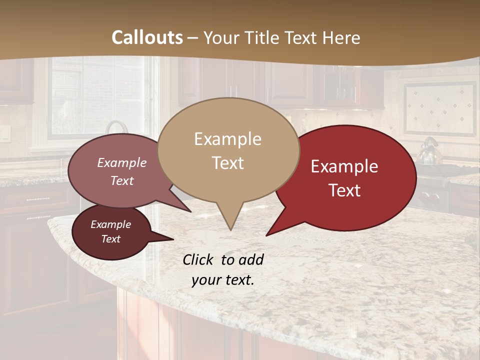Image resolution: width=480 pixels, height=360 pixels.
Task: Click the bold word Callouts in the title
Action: coord(147,37)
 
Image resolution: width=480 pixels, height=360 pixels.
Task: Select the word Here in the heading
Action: coord(341,37)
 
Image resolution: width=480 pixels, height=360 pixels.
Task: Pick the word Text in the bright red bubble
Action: coord(345,190)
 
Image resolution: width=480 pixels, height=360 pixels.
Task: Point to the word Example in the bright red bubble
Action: coord(344,166)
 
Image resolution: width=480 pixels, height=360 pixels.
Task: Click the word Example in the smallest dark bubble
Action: coord(110,224)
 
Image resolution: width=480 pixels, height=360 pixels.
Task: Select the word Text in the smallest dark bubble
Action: coord(110,239)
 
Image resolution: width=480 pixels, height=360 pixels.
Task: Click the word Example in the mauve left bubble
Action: coord(121,162)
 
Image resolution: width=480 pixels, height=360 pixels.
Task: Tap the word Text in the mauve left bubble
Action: coord(121,180)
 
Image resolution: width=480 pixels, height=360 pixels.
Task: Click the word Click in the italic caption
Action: coord(199,259)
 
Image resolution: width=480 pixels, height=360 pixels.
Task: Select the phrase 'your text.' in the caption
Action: coord(222,280)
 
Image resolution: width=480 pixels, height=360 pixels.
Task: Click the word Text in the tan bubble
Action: coord(227,162)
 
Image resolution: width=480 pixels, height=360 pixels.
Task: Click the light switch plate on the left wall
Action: coord(4,133)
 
